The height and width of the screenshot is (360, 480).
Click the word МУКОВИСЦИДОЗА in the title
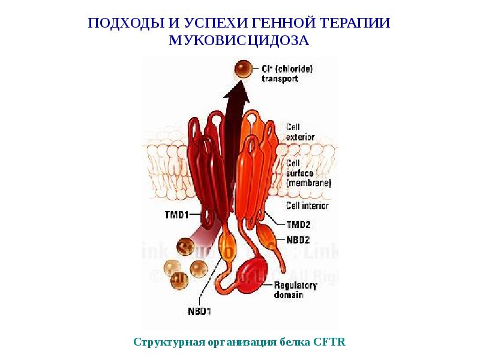239,40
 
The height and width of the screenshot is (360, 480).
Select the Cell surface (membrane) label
308,172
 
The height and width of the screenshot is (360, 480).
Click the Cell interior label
307,206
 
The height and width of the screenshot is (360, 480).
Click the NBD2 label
298,239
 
